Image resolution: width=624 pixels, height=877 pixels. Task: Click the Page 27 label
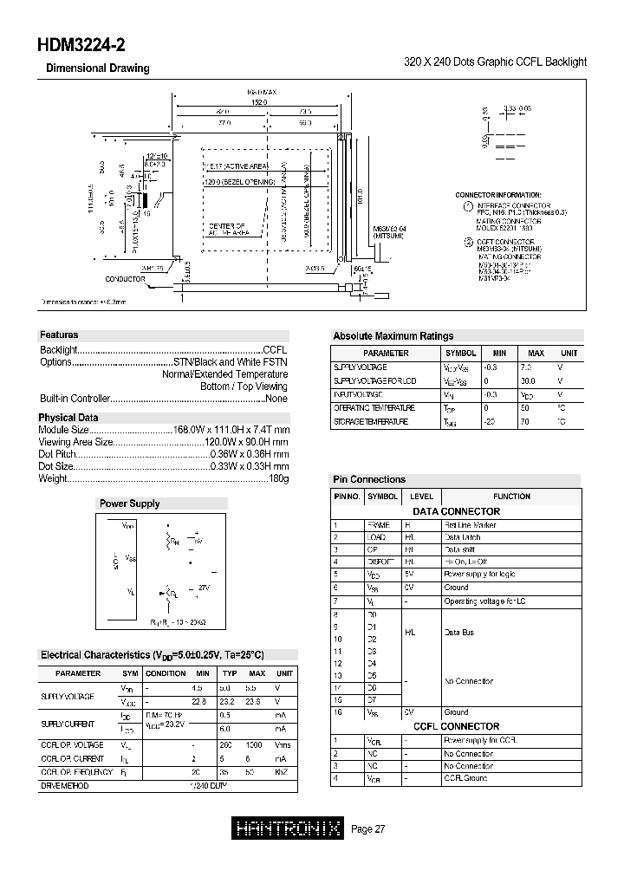(x=368, y=829)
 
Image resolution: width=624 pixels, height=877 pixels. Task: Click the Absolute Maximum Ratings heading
(x=393, y=336)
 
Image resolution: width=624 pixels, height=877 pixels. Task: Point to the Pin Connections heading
(x=369, y=479)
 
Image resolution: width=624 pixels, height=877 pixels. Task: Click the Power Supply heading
(x=129, y=503)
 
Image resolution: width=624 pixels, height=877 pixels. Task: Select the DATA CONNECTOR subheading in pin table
(x=456, y=511)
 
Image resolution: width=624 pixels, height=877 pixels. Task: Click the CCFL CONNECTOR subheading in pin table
(x=456, y=726)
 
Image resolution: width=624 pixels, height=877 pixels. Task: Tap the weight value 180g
(x=278, y=478)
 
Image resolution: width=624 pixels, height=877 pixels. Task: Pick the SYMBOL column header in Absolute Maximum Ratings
(x=460, y=354)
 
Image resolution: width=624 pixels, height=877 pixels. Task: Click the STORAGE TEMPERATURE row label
(x=370, y=421)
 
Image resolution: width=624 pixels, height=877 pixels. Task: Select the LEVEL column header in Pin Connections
(x=421, y=497)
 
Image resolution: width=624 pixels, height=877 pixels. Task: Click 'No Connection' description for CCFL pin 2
(x=468, y=754)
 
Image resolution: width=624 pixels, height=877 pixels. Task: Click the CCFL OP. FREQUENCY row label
(x=76, y=771)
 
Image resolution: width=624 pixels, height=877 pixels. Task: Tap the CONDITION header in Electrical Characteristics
(x=166, y=673)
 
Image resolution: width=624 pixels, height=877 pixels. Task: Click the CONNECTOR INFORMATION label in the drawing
(x=498, y=195)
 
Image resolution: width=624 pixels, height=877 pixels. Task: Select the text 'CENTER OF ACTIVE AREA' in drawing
(x=228, y=228)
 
